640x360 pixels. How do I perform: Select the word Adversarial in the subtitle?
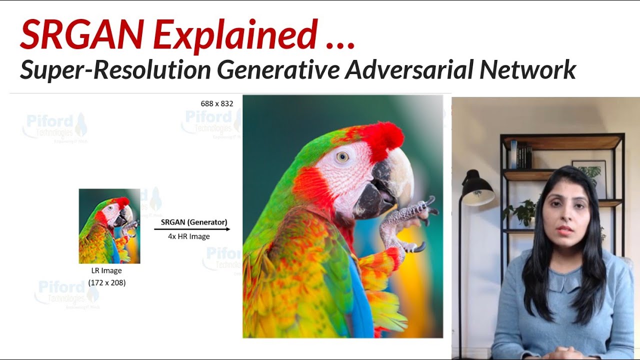tap(408, 69)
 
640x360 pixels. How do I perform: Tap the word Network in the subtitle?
tap(527, 69)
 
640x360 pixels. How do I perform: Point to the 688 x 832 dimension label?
tap(217, 103)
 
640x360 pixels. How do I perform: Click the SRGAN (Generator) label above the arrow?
tap(194, 222)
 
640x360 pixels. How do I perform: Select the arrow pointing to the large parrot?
tap(192, 229)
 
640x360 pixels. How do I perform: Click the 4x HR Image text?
tap(188, 236)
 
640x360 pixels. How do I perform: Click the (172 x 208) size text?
tap(107, 282)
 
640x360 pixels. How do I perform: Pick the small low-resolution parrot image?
tap(109, 226)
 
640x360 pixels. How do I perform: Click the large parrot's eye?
tap(342, 157)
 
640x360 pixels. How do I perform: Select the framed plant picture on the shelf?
tap(590, 172)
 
